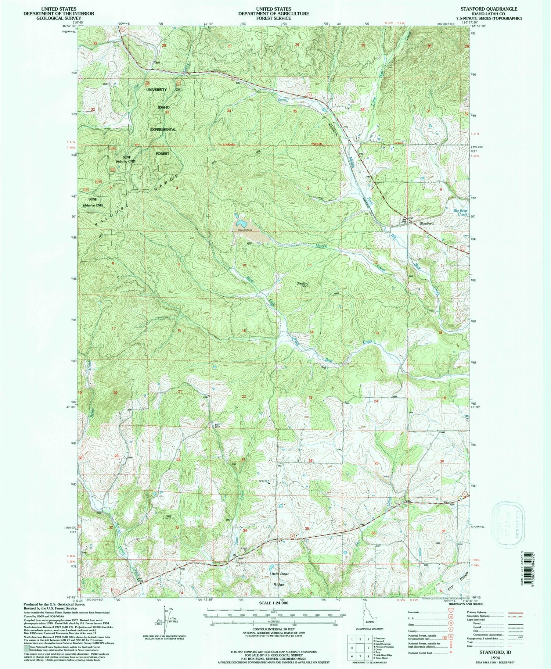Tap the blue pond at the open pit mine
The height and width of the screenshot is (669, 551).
pos(241,223)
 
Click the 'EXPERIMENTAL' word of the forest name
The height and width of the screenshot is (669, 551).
pos(163,130)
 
